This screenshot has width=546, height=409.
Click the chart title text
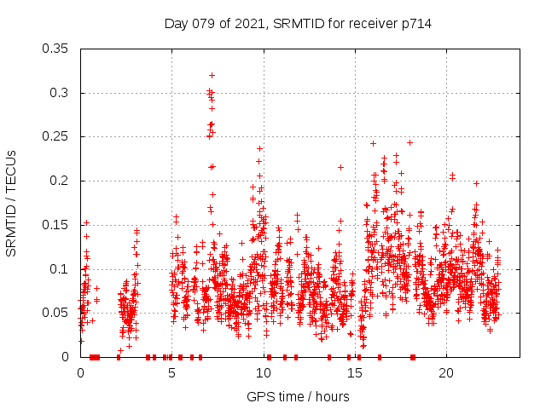(298, 24)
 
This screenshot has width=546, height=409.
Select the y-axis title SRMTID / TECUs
(11, 203)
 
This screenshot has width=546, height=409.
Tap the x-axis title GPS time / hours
(299, 396)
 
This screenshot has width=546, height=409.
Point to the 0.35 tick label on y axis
(56, 49)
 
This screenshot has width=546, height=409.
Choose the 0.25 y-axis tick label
(56, 136)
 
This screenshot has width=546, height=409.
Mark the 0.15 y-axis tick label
(56, 225)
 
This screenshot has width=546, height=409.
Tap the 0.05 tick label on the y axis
(56, 313)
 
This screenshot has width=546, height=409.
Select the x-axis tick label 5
(171, 373)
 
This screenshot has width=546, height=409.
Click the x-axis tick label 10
(263, 373)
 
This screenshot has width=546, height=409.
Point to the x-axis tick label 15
(354, 373)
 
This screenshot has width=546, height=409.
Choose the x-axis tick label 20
(445, 373)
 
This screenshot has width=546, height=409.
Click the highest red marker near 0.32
(212, 76)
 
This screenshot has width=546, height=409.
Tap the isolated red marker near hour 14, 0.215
(340, 167)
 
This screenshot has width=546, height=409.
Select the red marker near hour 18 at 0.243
(409, 142)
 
